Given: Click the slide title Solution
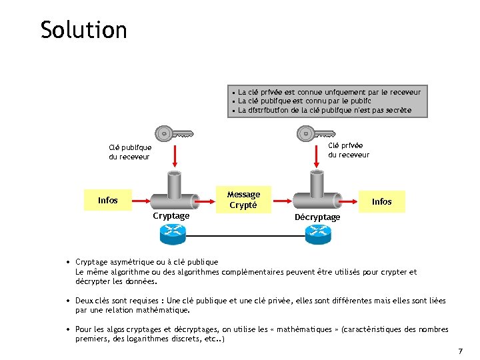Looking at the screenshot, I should (x=83, y=30).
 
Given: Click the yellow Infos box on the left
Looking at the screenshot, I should (x=108, y=200).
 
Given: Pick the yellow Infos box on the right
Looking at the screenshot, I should (x=381, y=201).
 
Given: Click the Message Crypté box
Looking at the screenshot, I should (x=243, y=199).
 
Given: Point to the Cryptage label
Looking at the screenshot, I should (x=171, y=215).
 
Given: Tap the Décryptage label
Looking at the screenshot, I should (x=317, y=217).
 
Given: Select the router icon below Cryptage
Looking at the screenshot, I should (x=172, y=233).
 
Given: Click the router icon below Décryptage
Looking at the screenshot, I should (x=317, y=233).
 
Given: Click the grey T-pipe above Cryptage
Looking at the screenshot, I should (x=173, y=193).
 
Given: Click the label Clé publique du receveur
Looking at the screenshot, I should (x=130, y=152).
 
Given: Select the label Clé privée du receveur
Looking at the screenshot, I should (x=348, y=150).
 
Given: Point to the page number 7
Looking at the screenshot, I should (x=460, y=351).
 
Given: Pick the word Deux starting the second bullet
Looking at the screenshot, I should (x=85, y=301).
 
